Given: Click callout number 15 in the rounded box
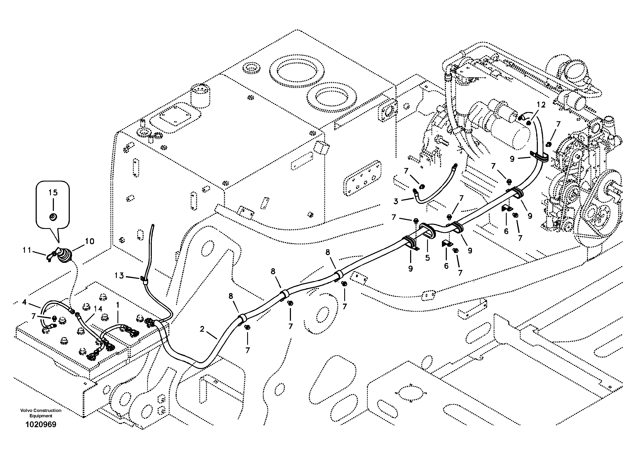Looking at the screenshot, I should [x=53, y=192].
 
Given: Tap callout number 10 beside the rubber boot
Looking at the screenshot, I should [x=90, y=241].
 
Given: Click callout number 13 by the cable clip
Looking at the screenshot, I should [x=119, y=275].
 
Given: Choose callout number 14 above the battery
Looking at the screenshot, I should [x=98, y=309].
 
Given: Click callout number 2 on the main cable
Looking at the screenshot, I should [x=202, y=329].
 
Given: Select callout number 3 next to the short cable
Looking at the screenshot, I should [x=396, y=201].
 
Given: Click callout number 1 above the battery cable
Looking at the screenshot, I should [x=118, y=305].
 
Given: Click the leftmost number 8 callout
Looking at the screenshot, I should [x=231, y=296].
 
